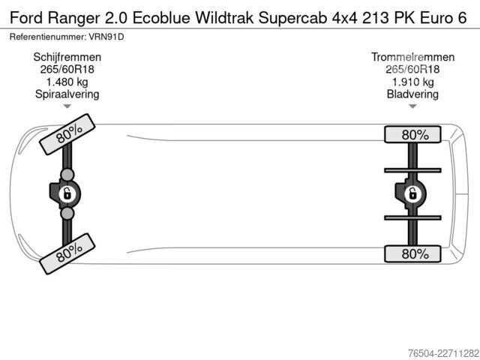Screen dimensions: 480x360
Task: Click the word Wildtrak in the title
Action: point(224,18)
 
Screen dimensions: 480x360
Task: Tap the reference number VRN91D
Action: point(106,37)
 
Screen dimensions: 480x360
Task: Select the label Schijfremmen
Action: point(67,57)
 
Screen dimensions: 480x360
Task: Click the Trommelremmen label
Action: point(412,57)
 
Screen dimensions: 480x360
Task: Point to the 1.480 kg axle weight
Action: point(67,82)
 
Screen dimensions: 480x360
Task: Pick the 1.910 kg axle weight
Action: point(412,82)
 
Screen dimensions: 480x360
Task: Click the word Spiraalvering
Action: point(67,94)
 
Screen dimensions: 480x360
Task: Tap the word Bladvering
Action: point(412,94)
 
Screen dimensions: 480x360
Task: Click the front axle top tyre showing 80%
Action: point(67,134)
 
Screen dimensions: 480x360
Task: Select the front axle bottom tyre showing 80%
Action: point(67,253)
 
